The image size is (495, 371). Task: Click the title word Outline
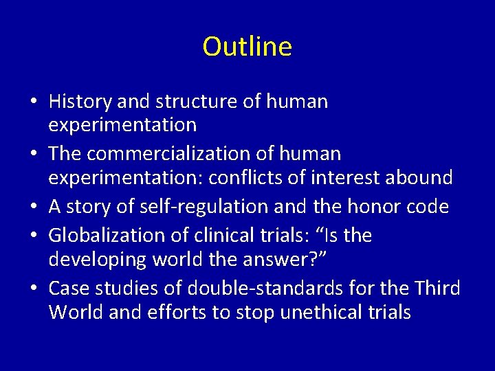coord(247,47)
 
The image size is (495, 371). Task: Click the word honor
coord(371,207)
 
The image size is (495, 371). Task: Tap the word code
coord(432,207)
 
